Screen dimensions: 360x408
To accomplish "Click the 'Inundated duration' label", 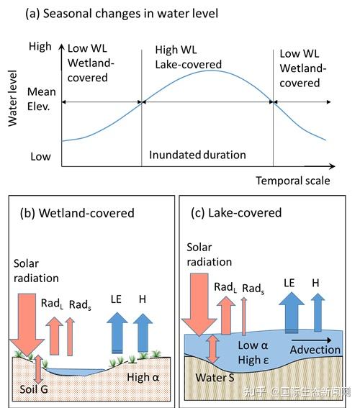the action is tap(197, 155).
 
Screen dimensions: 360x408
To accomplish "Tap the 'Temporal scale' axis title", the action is tap(293, 181).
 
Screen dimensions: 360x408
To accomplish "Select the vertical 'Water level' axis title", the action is tap(12, 99).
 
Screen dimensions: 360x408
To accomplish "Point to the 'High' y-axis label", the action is tap(40, 47).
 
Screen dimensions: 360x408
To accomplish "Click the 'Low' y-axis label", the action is tap(40, 157).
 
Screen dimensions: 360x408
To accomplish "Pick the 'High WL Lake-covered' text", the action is tap(188, 58).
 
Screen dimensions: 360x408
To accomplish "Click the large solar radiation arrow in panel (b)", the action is tap(27, 325).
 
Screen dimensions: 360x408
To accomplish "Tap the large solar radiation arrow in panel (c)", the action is tap(199, 304).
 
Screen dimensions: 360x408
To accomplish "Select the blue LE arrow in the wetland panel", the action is tap(117, 333).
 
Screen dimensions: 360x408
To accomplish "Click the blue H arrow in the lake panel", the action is tap(318, 312).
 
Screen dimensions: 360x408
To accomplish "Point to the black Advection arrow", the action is tap(311, 340).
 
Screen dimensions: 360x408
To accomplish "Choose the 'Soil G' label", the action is tap(34, 389).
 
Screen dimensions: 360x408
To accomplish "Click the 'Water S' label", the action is tap(215, 377).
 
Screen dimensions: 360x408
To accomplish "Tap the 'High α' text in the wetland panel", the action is tap(143, 377).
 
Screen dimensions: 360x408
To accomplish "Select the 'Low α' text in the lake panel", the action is tap(253, 345).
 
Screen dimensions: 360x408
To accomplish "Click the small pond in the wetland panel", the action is tap(76, 372).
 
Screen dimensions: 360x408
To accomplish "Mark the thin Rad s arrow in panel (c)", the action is tap(244, 316).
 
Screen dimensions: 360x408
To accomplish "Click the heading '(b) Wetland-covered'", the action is tap(77, 213).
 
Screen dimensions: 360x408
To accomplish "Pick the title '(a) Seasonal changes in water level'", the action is tap(122, 14).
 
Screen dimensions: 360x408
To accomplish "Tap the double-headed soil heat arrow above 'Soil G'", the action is tap(38, 368).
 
